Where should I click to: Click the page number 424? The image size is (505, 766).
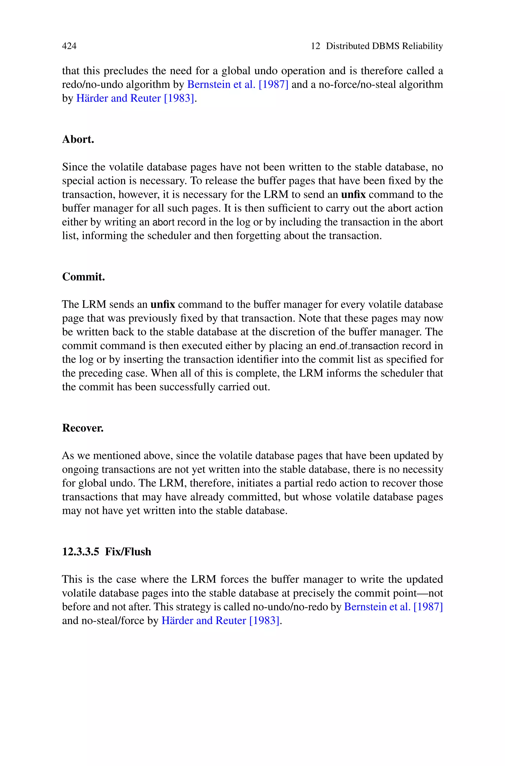click(69, 46)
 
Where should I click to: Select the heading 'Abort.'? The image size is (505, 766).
click(78, 139)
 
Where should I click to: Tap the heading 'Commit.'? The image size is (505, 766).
click(83, 277)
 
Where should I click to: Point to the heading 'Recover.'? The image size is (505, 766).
click(83, 428)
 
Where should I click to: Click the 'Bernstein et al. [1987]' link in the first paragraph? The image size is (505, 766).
click(238, 84)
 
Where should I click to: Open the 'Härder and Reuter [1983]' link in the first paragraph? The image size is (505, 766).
click(135, 98)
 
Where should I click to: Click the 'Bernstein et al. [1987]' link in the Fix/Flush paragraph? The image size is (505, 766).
click(394, 607)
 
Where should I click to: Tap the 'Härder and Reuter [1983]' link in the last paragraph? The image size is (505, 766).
click(221, 620)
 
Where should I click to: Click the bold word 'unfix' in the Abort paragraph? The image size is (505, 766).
click(353, 195)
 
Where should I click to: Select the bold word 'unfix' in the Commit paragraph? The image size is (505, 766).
click(163, 304)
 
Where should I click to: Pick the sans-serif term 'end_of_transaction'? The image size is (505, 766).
click(359, 346)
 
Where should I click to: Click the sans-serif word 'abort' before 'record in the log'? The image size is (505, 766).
click(163, 222)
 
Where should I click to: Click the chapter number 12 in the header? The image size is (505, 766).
click(315, 46)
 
